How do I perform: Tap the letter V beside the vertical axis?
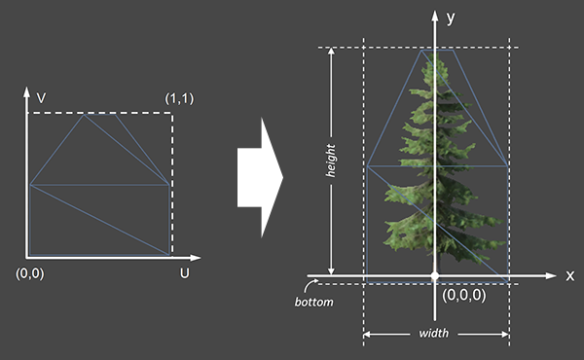pyautogui.click(x=41, y=98)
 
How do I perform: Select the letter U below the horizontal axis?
pyautogui.click(x=184, y=273)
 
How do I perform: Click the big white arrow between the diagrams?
pyautogui.click(x=260, y=178)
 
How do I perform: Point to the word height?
pyautogui.click(x=330, y=161)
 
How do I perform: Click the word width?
pyautogui.click(x=434, y=333)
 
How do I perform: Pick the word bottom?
pyautogui.click(x=313, y=302)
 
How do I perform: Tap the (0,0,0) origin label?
pyautogui.click(x=464, y=295)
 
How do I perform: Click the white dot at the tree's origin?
pyautogui.click(x=435, y=276)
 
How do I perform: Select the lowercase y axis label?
pyautogui.click(x=451, y=18)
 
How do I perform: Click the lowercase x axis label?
pyautogui.click(x=569, y=276)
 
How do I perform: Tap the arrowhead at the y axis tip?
pyautogui.click(x=435, y=16)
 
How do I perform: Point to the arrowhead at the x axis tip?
pyautogui.click(x=551, y=276)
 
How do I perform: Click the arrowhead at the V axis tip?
pyautogui.click(x=26, y=92)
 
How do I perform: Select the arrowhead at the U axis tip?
pyautogui.click(x=196, y=257)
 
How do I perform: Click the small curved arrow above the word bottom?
pyautogui.click(x=310, y=285)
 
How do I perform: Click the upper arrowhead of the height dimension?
pyautogui.click(x=331, y=52)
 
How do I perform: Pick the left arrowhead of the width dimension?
pyautogui.click(x=367, y=335)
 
